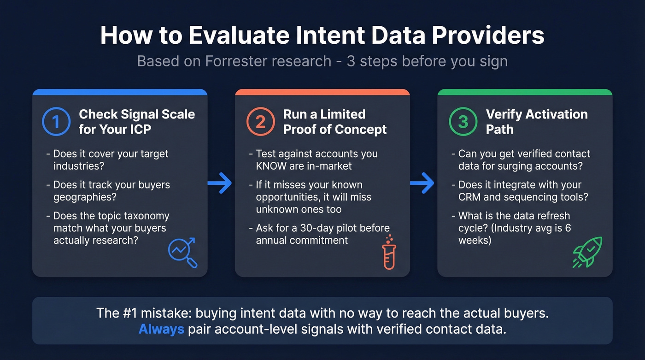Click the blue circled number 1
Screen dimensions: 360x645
[56, 122]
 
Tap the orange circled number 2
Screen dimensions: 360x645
[260, 122]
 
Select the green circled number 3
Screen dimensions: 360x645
[463, 122]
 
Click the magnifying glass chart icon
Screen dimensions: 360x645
[182, 252]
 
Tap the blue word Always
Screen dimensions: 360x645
[161, 329]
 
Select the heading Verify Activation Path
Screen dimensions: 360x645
[536, 122]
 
